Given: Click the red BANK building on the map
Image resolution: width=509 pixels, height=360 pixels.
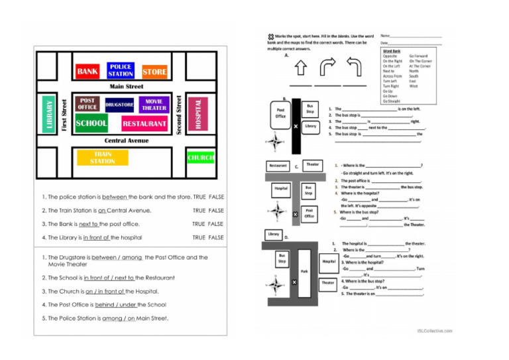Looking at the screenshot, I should point(88,71).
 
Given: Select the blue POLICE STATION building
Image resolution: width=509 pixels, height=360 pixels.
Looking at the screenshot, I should point(121,70).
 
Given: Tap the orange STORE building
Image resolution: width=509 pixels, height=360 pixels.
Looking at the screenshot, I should point(154,71).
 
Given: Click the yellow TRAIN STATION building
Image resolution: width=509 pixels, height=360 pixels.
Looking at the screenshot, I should point(103,157).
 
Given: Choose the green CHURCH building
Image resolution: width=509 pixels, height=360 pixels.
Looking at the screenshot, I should point(200,158).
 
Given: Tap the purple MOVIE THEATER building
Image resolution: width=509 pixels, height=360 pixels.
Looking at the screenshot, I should point(154,104).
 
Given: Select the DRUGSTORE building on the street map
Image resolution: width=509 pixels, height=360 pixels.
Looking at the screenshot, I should point(119,104).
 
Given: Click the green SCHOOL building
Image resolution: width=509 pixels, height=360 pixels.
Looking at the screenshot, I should point(91,123).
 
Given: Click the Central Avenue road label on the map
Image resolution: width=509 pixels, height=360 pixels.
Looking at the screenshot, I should point(127,141).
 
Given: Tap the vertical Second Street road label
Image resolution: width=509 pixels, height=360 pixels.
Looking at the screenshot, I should point(179,113).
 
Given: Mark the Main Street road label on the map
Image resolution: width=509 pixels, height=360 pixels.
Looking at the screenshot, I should point(126,86).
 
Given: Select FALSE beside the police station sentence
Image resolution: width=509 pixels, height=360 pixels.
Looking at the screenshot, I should point(216,197).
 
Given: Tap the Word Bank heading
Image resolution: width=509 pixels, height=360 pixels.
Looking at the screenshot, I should point(392,51).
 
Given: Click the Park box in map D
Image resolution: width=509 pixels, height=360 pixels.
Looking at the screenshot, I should point(304,271).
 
